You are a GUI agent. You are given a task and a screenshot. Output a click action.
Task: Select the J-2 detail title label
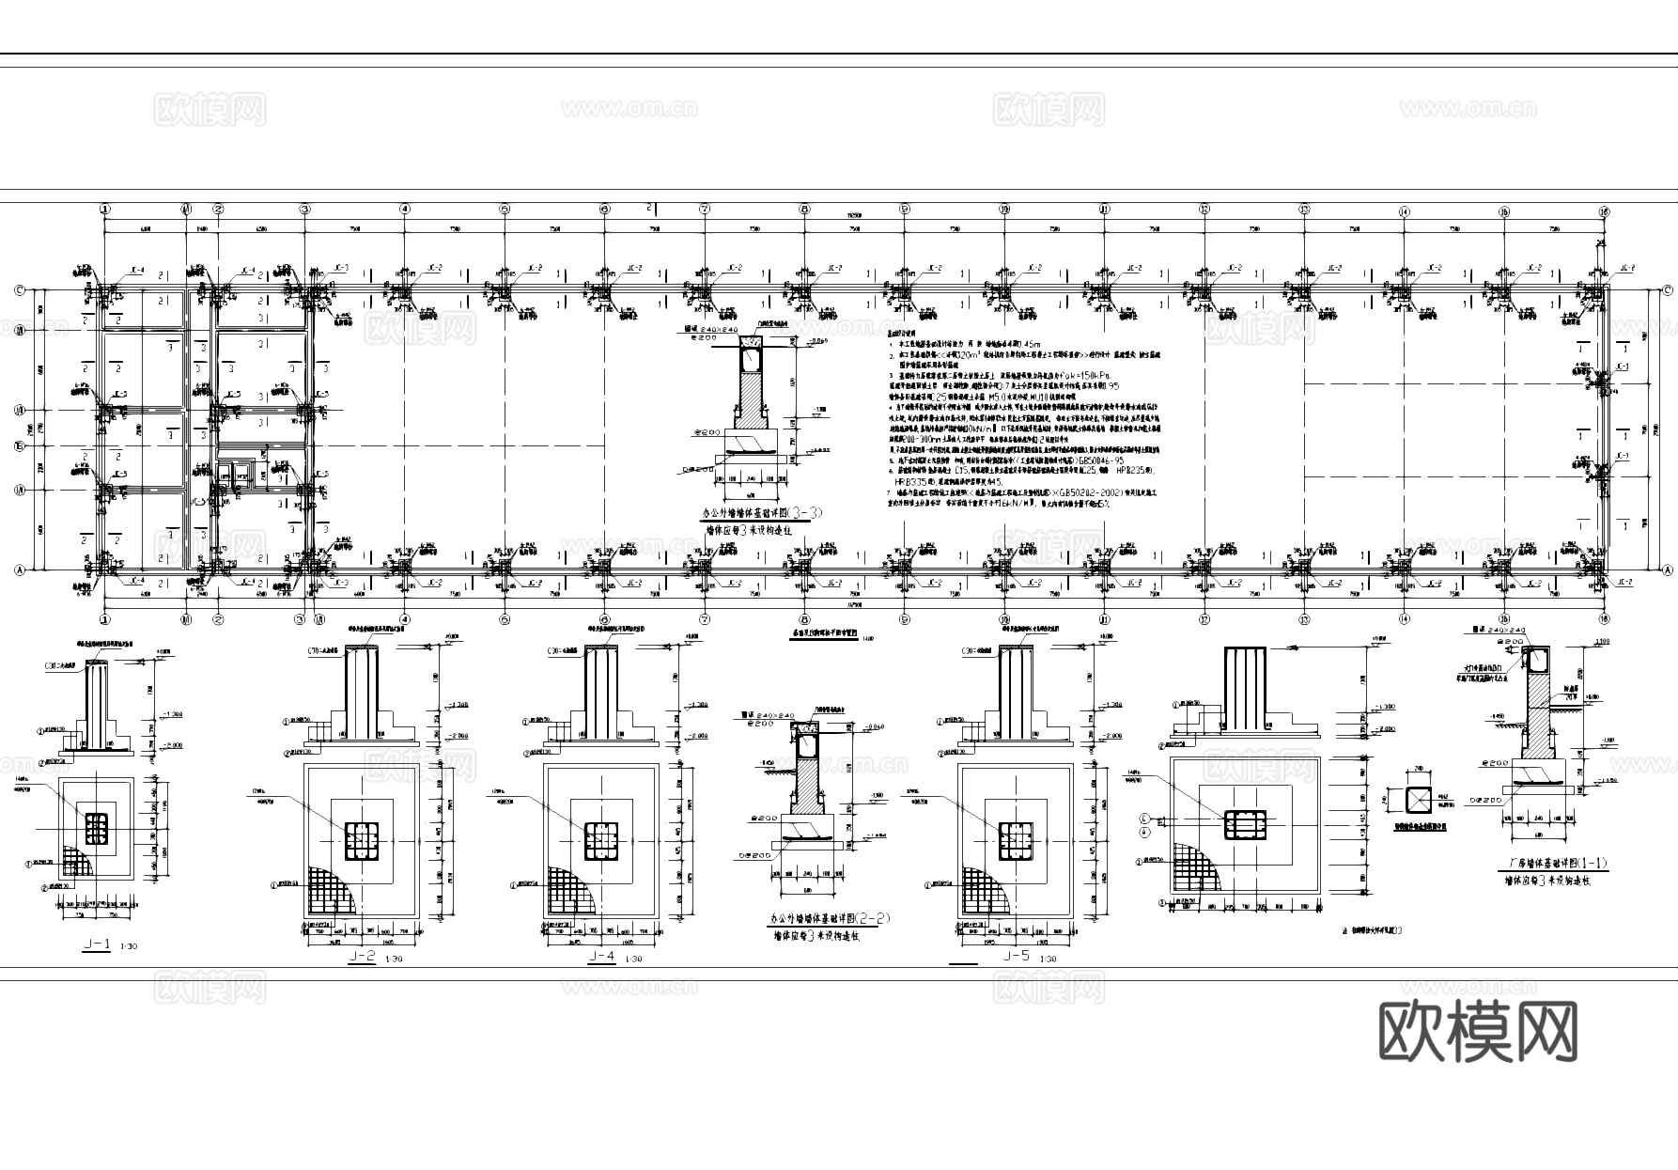pyautogui.click(x=362, y=957)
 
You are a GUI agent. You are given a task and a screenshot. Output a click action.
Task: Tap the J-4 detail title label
pyautogui.click(x=602, y=957)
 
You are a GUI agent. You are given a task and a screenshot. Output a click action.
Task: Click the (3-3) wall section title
pyautogui.click(x=763, y=514)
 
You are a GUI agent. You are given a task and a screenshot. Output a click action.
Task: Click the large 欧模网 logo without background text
pyautogui.click(x=1478, y=1031)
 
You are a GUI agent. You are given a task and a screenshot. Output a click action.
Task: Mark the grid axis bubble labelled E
pyautogui.click(x=18, y=445)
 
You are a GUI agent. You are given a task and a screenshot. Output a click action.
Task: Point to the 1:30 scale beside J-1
pyautogui.click(x=129, y=946)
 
